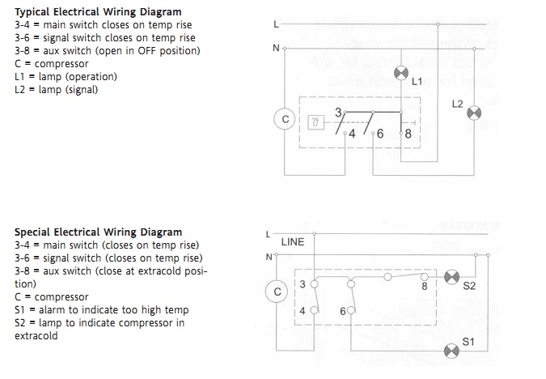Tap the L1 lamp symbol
(401, 73)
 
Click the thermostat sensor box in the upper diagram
(315, 122)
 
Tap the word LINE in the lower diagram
(293, 242)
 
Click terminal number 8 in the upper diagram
(408, 134)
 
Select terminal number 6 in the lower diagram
(343, 311)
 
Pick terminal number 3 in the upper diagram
(338, 113)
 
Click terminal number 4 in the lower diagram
(303, 311)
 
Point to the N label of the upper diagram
(276, 48)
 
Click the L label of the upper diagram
(276, 24)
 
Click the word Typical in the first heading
(32, 12)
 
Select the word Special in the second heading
(32, 232)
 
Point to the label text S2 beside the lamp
(469, 286)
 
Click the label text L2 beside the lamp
(457, 104)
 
